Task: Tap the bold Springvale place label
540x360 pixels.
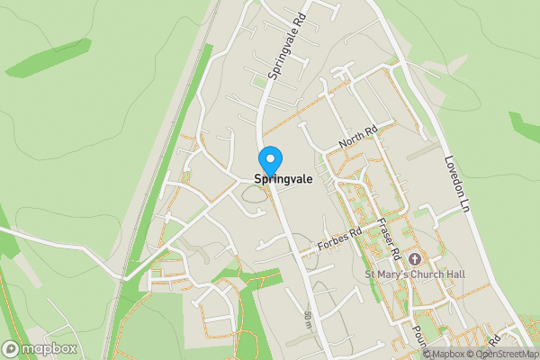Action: pyautogui.click(x=283, y=179)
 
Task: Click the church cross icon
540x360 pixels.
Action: pyautogui.click(x=416, y=259)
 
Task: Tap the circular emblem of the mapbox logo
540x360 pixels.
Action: pyautogui.click(x=12, y=348)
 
